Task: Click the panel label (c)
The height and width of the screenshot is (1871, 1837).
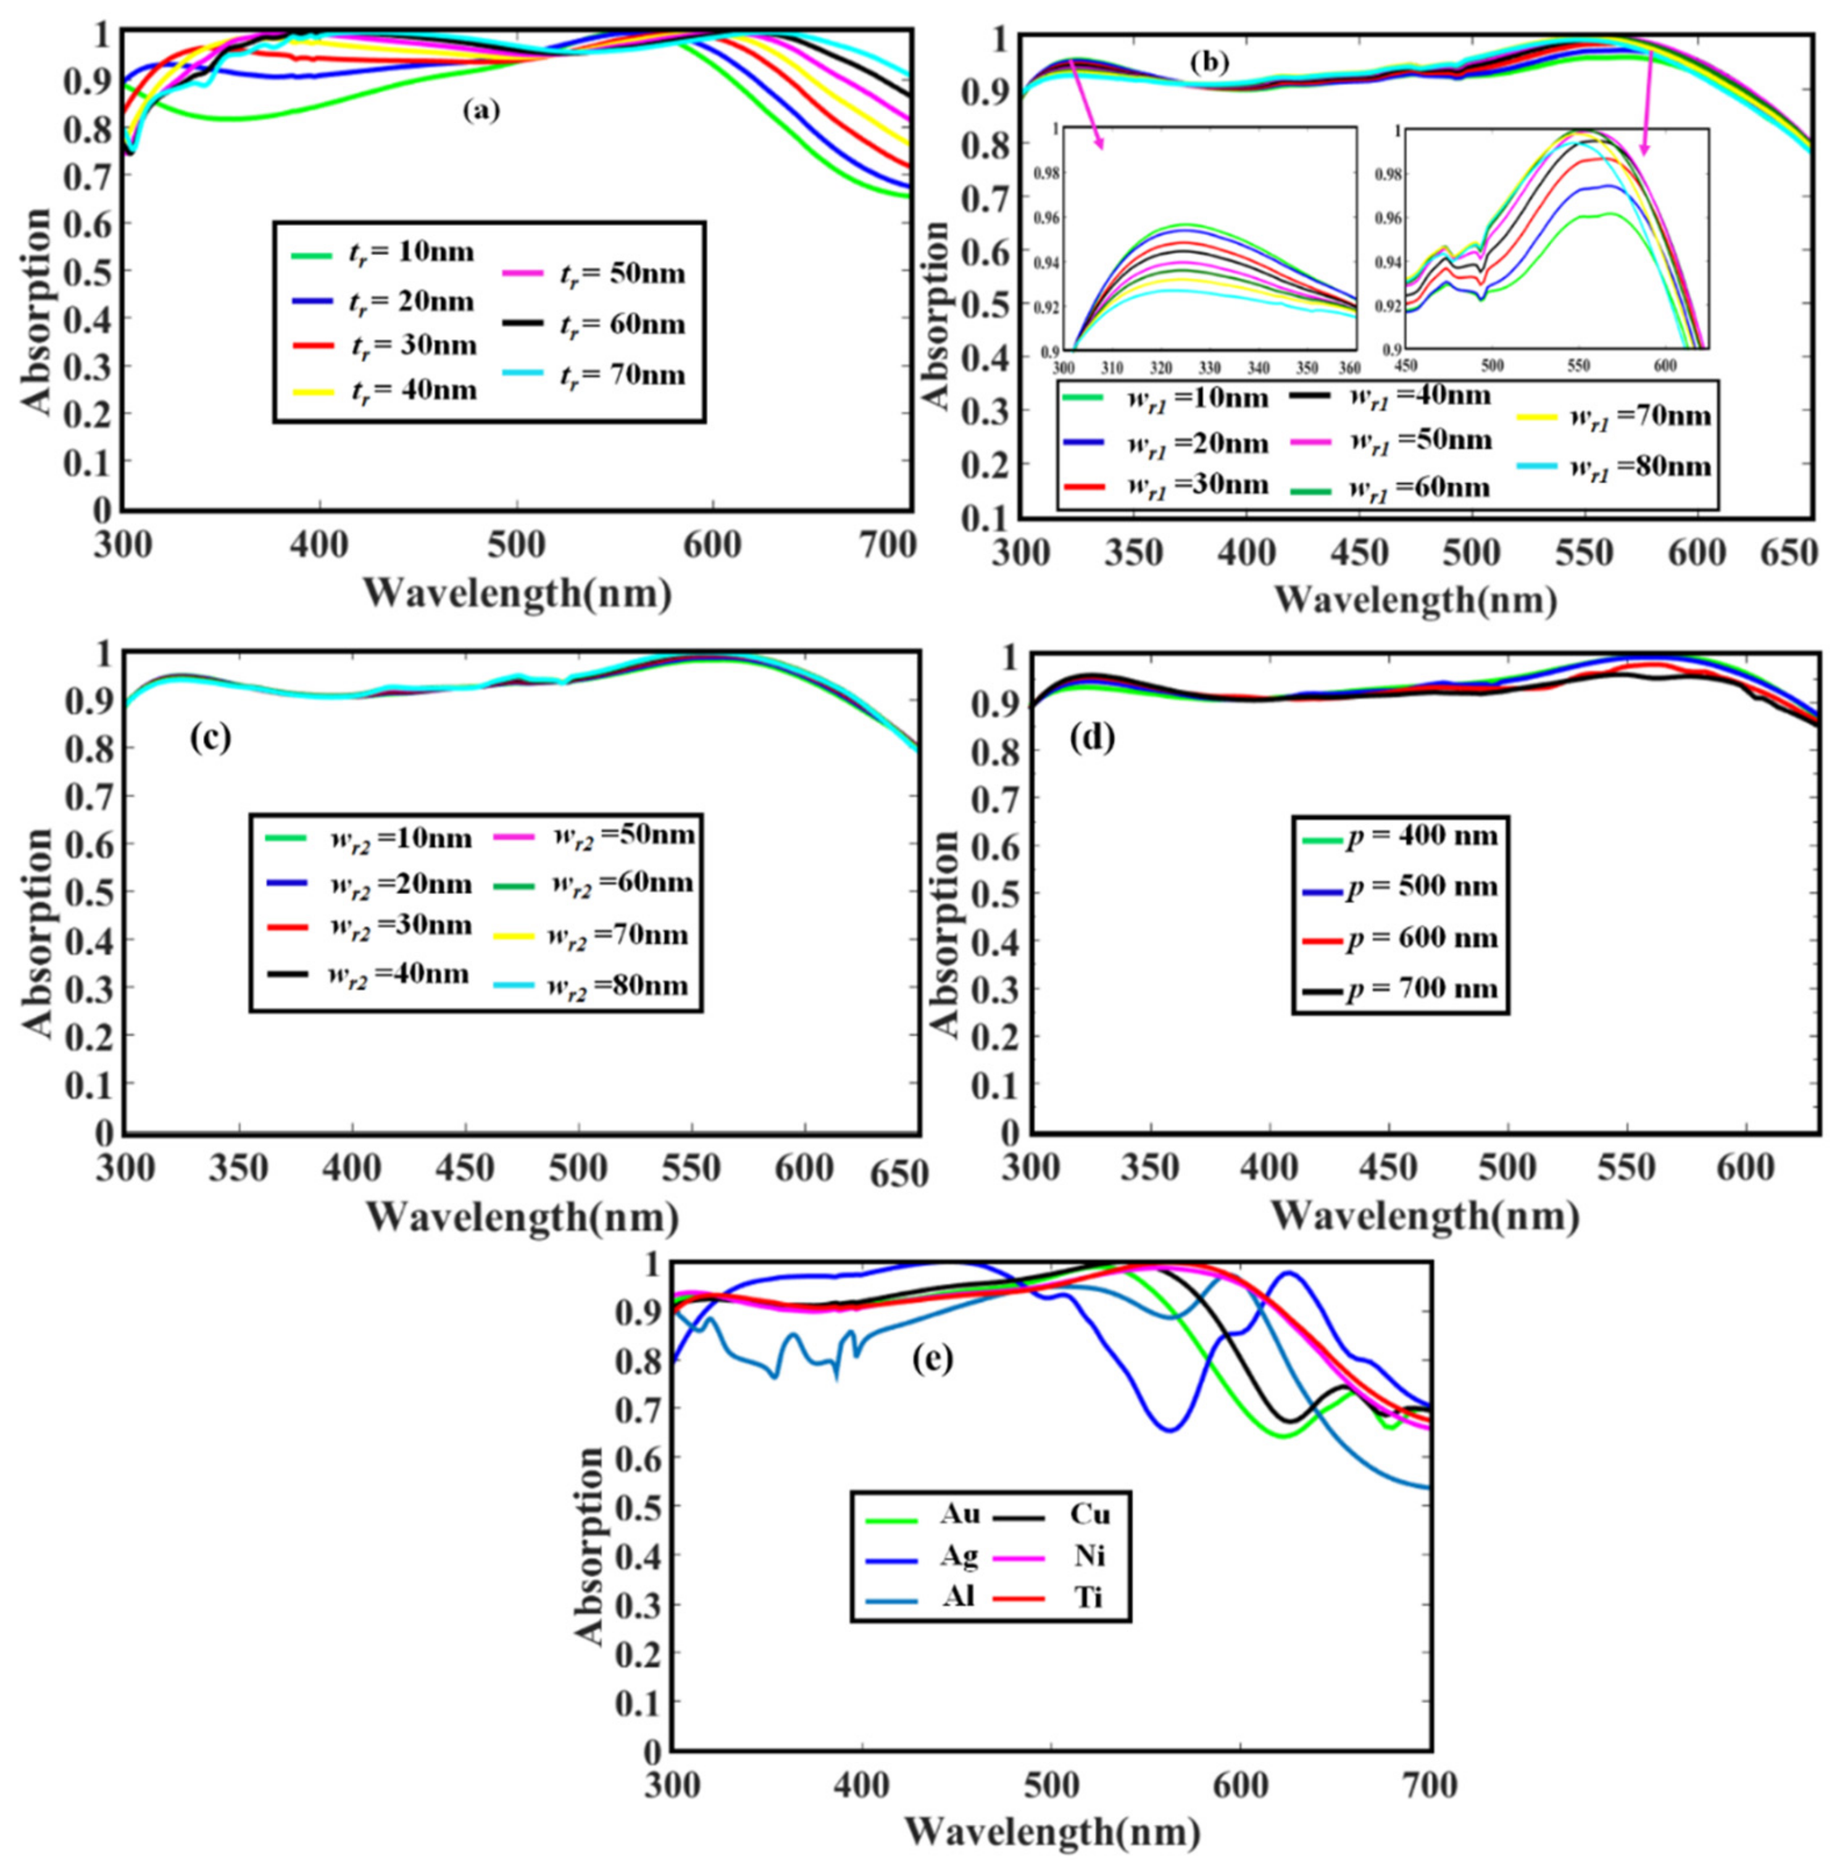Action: click(x=209, y=737)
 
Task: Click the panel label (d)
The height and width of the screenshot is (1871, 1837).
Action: click(x=1093, y=737)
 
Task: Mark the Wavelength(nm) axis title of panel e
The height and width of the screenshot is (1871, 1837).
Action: click(x=1052, y=1830)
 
